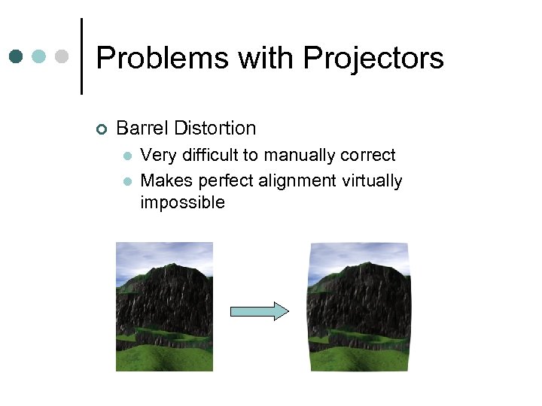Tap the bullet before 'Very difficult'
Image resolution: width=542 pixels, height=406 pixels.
point(128,156)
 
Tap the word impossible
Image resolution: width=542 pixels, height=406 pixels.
point(182,202)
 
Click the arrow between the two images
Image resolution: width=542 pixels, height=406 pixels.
point(259,311)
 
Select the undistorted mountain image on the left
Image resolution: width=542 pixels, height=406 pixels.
point(164,306)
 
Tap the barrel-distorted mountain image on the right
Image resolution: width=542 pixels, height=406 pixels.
point(360,306)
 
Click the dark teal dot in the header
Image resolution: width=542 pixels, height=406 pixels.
point(16,56)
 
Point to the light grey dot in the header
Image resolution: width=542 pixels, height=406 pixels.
point(62,56)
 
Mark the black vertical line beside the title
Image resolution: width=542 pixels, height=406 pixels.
point(81,56)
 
